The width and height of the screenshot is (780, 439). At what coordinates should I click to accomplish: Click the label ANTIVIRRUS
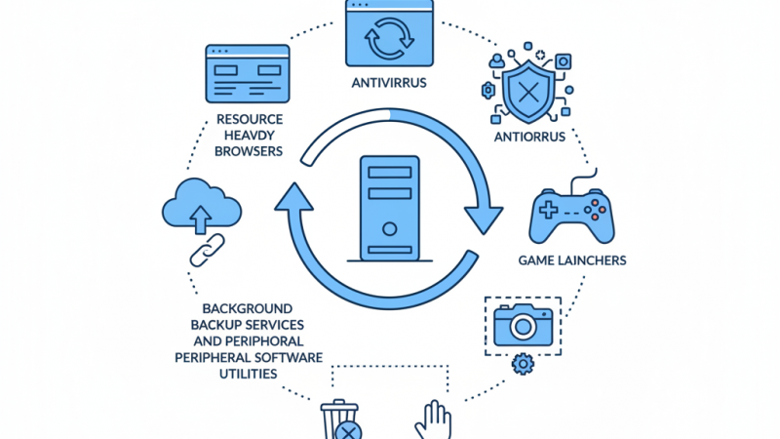(389, 83)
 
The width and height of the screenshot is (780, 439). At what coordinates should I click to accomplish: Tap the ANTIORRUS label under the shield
(529, 137)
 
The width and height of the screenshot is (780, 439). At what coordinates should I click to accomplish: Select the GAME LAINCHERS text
(570, 260)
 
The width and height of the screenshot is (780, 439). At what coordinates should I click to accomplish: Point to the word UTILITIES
(247, 374)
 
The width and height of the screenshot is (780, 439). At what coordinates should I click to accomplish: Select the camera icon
(523, 324)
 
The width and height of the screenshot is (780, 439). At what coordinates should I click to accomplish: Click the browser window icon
(246, 75)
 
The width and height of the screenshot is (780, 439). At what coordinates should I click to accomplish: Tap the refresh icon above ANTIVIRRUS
(389, 36)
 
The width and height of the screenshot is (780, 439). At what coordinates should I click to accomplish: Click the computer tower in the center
(389, 209)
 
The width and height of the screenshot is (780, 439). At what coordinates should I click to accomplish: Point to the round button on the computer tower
(389, 230)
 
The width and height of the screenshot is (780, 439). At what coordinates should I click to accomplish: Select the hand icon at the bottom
(433, 420)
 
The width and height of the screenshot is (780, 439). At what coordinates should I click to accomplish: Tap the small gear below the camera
(523, 365)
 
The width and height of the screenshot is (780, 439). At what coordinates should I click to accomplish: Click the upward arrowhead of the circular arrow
(293, 199)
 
